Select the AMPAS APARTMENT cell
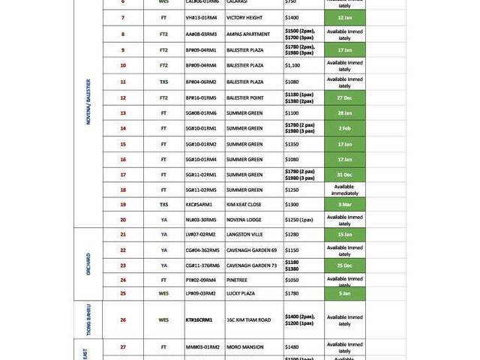point(248,34)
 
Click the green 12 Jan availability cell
point(345,17)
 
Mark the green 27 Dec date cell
point(345,97)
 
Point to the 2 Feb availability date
point(345,128)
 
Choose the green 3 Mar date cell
point(345,204)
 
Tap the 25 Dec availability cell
point(345,265)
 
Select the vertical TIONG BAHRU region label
point(88,319)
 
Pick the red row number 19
point(123,204)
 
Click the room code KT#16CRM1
point(199,319)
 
